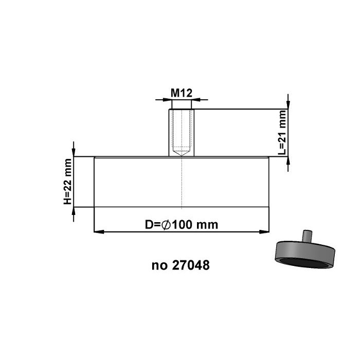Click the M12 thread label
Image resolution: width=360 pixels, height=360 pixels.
pos(181,93)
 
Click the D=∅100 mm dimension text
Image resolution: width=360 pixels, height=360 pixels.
pos(181,225)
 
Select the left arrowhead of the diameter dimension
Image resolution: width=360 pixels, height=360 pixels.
pos(98,232)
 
